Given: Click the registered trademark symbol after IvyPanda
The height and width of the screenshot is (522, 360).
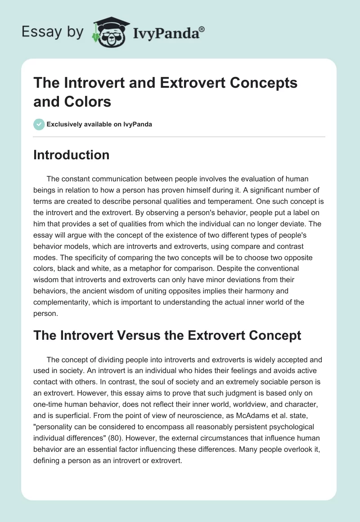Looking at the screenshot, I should (202, 30).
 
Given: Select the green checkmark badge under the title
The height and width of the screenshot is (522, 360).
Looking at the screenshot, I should (39, 124).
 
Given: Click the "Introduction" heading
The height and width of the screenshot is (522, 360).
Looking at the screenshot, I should (72, 155).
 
